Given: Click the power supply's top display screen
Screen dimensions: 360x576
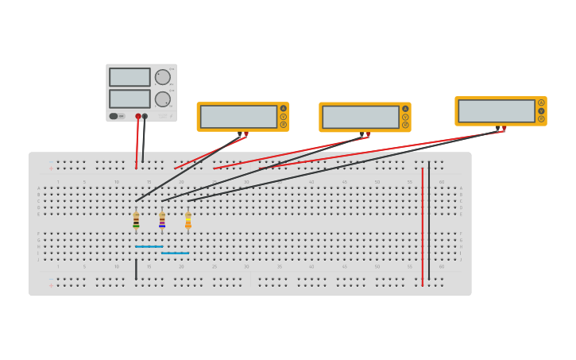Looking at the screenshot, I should [x=130, y=77].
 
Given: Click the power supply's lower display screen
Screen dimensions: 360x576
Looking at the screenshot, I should [x=130, y=99].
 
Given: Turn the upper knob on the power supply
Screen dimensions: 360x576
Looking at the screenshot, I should [x=162, y=77].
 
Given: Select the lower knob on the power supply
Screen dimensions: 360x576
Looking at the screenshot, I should [x=162, y=99].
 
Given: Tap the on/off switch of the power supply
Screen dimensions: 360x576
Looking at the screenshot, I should [x=114, y=116].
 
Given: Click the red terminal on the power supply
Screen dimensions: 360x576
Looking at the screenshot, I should [x=138, y=117].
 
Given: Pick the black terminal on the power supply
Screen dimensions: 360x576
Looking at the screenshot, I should [x=145, y=117].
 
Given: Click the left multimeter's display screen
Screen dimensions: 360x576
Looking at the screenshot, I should [x=238, y=117].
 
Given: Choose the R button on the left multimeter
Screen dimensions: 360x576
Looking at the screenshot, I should [x=283, y=125].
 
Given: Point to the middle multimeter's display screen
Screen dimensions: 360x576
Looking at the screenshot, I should [x=361, y=117].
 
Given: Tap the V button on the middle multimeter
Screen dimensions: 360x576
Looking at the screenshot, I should [x=405, y=117].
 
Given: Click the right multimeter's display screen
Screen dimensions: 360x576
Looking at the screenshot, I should [x=497, y=110].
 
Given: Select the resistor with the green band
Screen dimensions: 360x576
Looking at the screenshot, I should [x=136, y=220].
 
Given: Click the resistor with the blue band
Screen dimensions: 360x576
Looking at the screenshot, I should [x=162, y=220].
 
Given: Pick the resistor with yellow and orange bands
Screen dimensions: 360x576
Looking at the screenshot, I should [x=188, y=220].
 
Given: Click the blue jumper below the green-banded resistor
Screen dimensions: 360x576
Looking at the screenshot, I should [x=149, y=246].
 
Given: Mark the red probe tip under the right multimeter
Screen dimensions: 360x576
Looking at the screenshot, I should [x=504, y=130].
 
